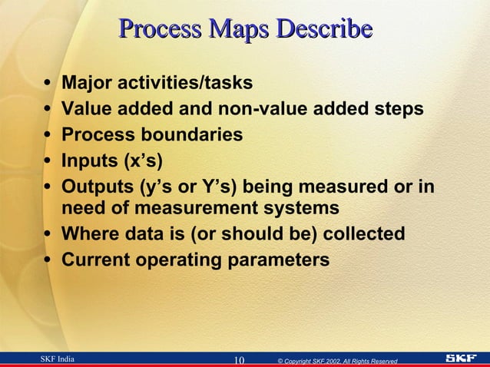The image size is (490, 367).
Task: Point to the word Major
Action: point(84,82)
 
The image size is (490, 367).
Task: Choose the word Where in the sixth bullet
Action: point(87,234)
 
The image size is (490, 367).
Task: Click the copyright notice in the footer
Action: point(337,360)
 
